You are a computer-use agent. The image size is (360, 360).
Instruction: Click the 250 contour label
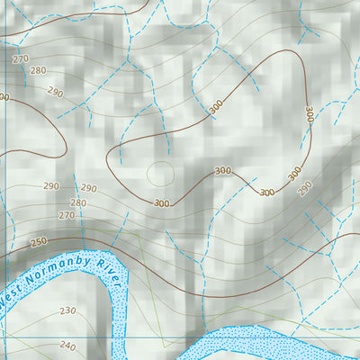point(39,242)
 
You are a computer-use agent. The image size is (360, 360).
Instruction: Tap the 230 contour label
point(68,310)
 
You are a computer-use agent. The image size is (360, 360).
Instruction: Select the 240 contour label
point(67,345)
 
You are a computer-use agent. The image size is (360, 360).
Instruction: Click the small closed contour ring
point(159,172)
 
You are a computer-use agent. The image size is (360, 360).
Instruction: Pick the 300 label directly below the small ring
point(161,203)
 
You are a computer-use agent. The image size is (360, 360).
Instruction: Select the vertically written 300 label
point(309,115)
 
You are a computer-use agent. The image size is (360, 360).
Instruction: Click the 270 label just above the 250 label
point(67,216)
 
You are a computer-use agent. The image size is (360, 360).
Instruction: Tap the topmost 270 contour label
point(21,58)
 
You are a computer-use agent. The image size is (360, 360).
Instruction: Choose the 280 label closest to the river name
point(78,203)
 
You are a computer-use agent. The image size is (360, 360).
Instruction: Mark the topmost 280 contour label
point(38,70)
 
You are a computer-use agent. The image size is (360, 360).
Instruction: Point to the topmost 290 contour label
point(56,92)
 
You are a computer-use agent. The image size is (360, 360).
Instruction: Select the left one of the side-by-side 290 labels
point(50,186)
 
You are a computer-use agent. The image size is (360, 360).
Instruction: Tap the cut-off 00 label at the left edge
point(4,97)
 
